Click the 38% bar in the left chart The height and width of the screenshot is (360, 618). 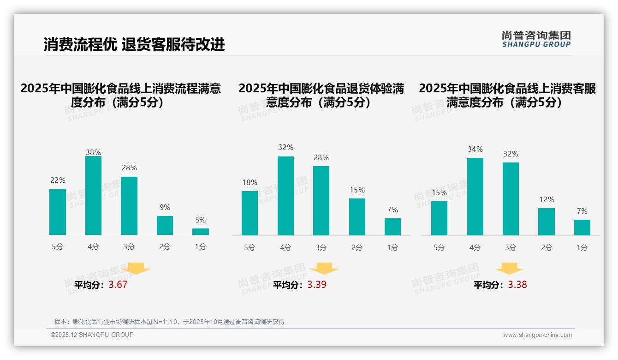pyautogui.click(x=93, y=196)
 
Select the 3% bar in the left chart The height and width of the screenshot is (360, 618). pyautogui.click(x=201, y=232)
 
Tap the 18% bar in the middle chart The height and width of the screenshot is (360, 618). pyautogui.click(x=250, y=213)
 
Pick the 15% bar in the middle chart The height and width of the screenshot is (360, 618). pyautogui.click(x=357, y=217)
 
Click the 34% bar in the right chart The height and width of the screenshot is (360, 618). pyautogui.click(x=475, y=197)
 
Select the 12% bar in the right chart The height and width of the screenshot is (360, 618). pyautogui.click(x=547, y=222)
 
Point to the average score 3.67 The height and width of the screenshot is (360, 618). pyautogui.click(x=118, y=285)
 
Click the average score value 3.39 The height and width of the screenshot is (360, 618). pyautogui.click(x=317, y=285)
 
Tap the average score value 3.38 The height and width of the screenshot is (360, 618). pyautogui.click(x=517, y=285)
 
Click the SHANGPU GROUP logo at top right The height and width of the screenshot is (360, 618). pyautogui.click(x=536, y=39)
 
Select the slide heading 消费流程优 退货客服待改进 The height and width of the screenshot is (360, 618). pyautogui.click(x=134, y=44)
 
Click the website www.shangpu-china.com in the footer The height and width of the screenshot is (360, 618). pyautogui.click(x=537, y=335)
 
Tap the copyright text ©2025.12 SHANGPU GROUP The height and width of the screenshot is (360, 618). pyautogui.click(x=92, y=335)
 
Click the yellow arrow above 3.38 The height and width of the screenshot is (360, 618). pyautogui.click(x=509, y=269)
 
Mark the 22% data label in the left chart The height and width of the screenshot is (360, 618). pyautogui.click(x=58, y=180)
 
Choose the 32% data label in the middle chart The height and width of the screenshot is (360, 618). pyautogui.click(x=285, y=148)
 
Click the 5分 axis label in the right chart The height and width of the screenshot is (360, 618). pyautogui.click(x=439, y=248)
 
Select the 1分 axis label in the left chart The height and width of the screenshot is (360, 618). pyautogui.click(x=201, y=247)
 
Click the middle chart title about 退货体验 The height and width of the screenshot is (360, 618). pyautogui.click(x=321, y=95)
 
